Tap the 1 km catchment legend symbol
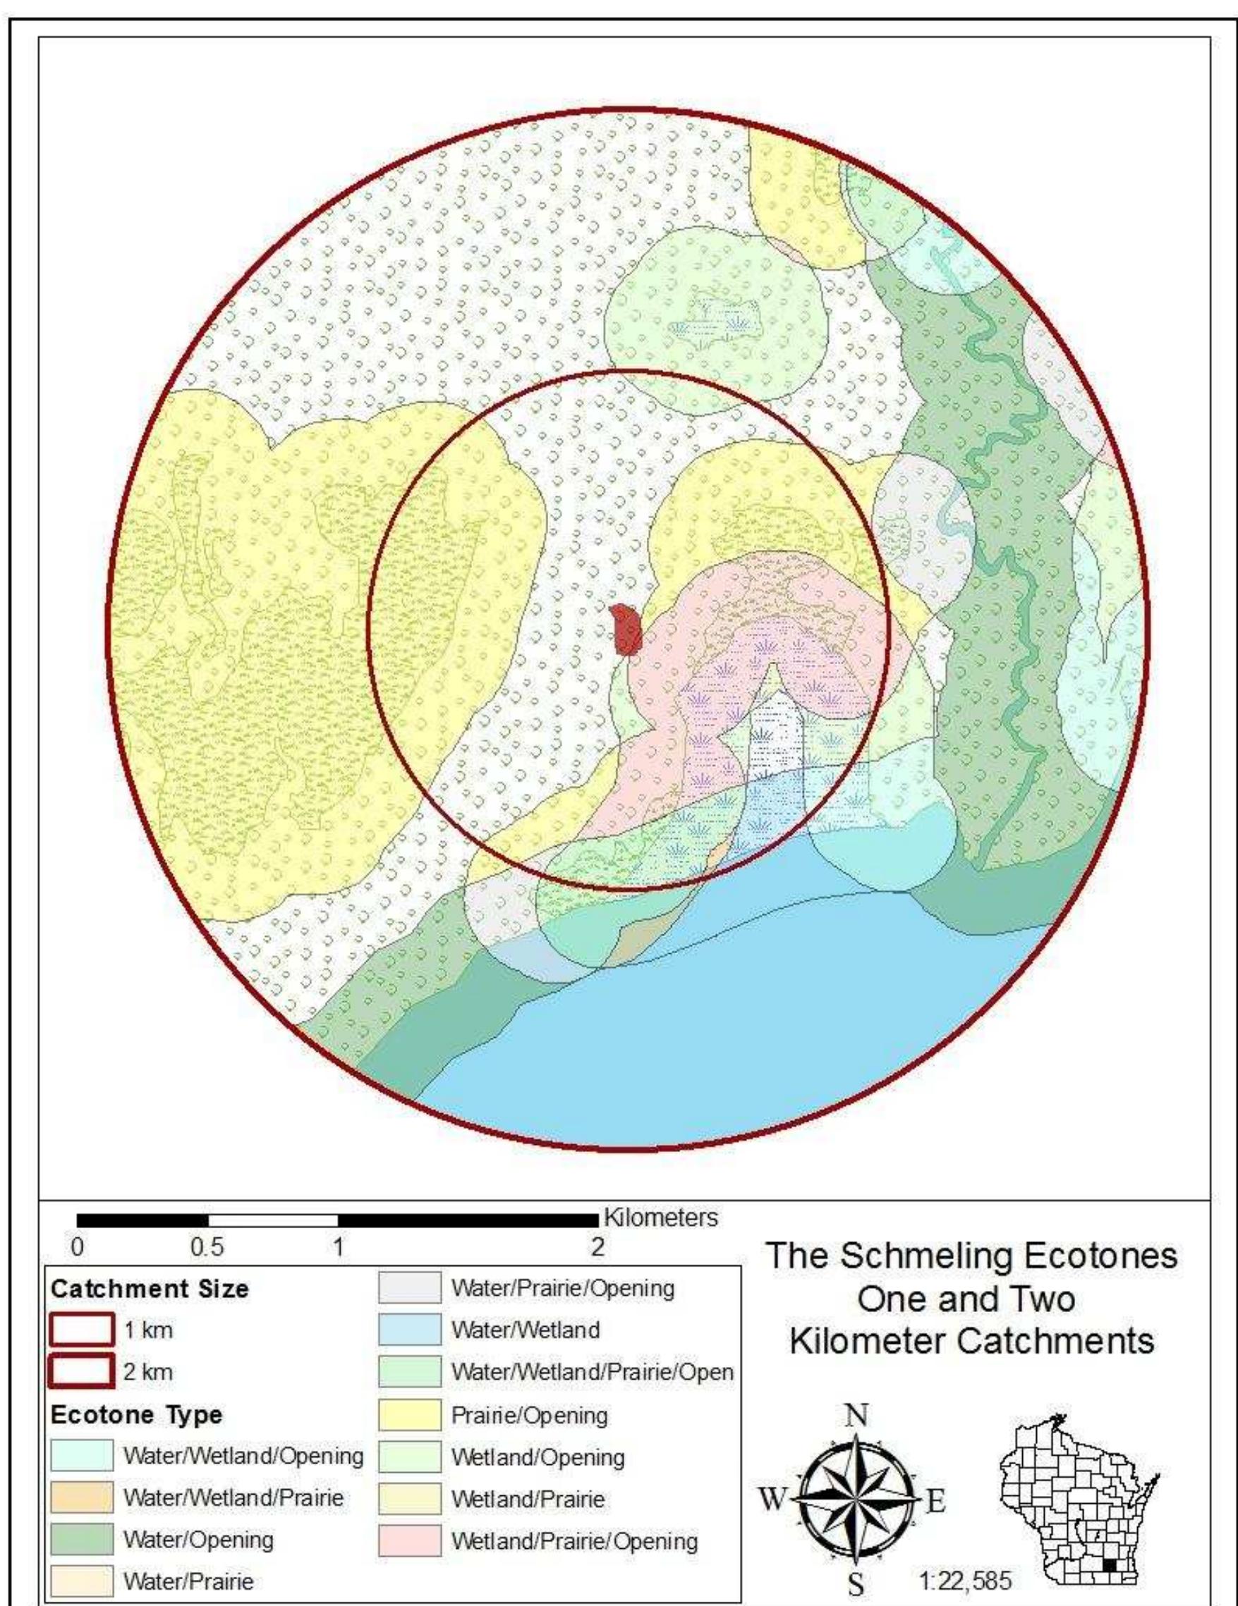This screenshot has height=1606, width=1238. coord(83,1330)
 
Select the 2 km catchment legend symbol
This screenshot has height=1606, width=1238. coord(83,1371)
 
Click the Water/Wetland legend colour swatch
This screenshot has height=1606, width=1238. coord(410,1330)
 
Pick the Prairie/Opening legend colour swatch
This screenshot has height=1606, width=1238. coord(410,1415)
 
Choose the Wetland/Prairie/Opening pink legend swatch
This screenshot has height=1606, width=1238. coord(410,1542)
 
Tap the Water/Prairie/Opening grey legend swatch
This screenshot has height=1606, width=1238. coord(410,1287)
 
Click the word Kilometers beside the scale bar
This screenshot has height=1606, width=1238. coord(660,1217)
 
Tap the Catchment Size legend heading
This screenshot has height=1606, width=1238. coord(150,1288)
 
